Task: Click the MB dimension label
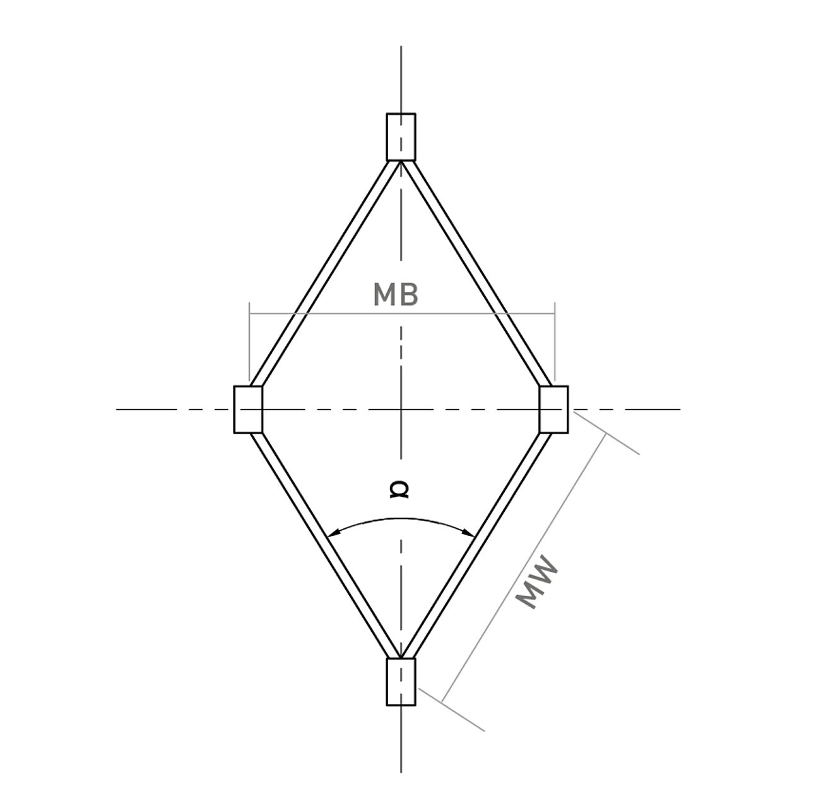pos(395,295)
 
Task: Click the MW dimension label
pos(538,582)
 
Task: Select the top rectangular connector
pos(401,137)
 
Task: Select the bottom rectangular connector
pos(401,682)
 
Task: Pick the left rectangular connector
pos(248,409)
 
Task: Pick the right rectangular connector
pos(553,409)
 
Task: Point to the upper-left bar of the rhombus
pos(324,273)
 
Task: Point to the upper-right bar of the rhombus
pos(477,273)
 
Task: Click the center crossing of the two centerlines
pos(401,410)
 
